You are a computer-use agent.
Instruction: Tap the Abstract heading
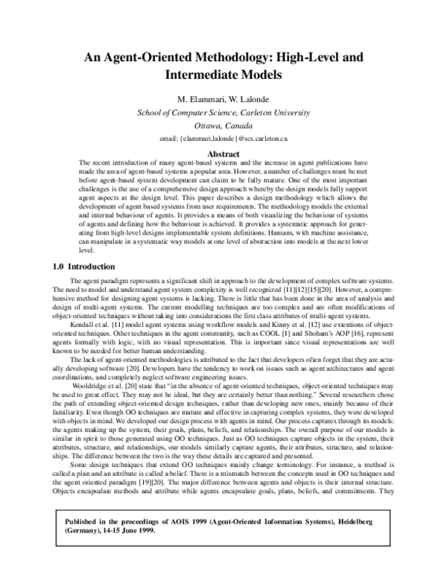(x=223, y=153)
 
